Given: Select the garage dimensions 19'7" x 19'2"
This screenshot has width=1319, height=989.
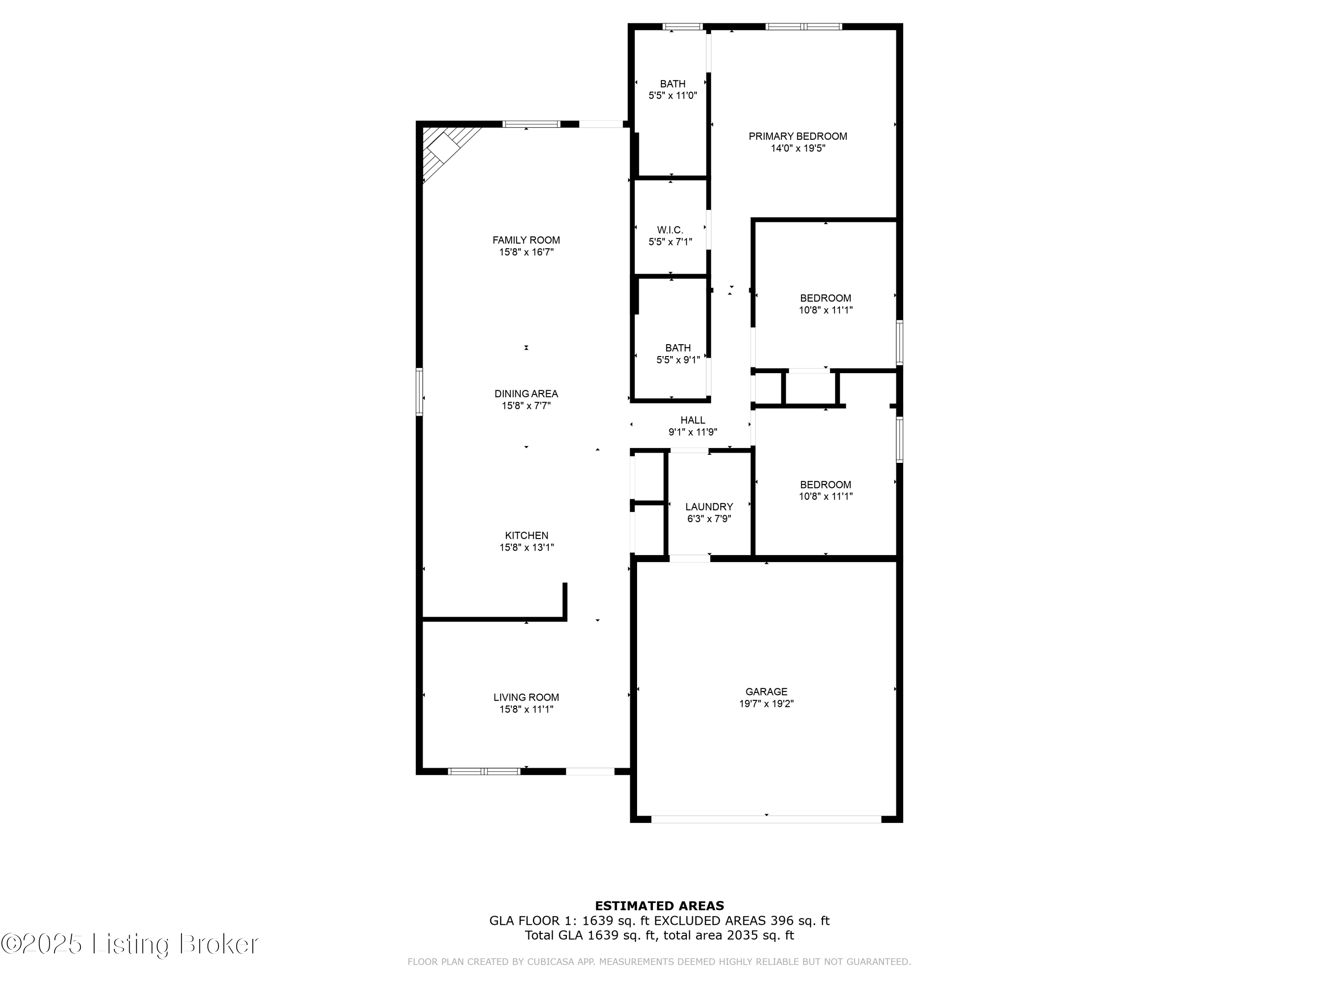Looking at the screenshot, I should (x=766, y=703).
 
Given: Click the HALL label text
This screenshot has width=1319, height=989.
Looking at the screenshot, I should (x=692, y=420).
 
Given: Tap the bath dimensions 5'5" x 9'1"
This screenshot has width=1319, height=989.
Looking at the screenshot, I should (x=678, y=360).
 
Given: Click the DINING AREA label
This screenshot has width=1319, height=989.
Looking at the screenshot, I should (x=526, y=393).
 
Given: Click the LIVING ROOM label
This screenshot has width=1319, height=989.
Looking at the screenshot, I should (x=526, y=697).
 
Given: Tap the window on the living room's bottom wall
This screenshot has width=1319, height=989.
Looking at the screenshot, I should (x=484, y=771).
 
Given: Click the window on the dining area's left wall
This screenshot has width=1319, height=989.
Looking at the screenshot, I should (x=419, y=392).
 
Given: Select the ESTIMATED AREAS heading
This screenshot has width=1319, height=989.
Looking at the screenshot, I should (x=659, y=906).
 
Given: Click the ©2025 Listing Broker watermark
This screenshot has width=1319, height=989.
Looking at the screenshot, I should (x=130, y=944).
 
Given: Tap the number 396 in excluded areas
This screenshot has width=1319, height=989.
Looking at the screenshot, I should (x=781, y=920).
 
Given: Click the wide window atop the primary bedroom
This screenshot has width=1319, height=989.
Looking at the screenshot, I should (x=803, y=26).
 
